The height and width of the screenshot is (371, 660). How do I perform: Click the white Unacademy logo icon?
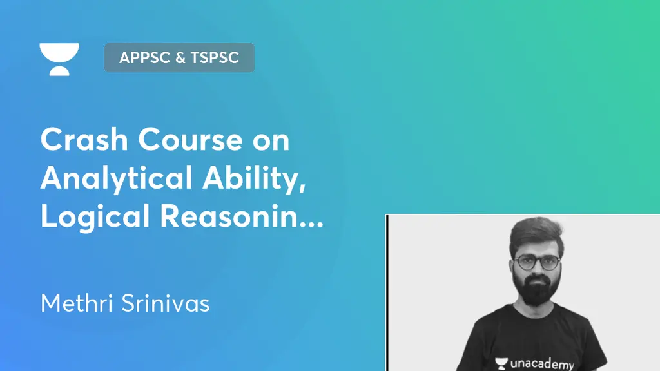tap(59, 59)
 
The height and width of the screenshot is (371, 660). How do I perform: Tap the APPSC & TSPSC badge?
tap(179, 57)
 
